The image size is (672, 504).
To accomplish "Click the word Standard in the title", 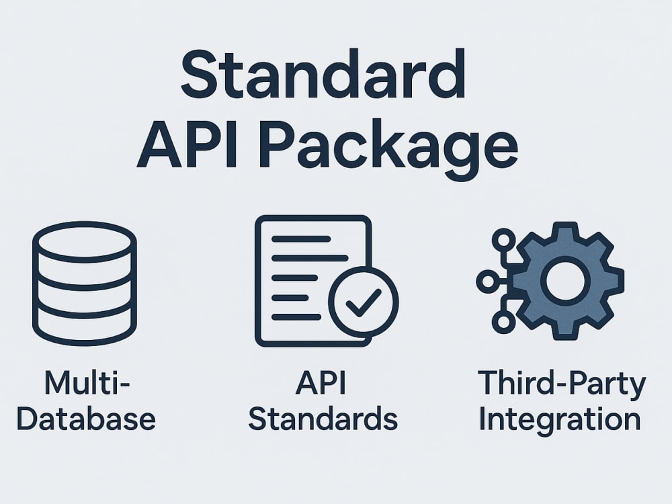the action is (324, 74).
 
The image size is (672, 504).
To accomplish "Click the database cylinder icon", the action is (85, 284).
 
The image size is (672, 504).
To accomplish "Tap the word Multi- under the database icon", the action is (87, 383).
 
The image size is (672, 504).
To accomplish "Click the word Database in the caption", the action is (86, 419).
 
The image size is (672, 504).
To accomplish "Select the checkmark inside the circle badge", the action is (364, 303).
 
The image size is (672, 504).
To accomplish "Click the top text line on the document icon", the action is (301, 239).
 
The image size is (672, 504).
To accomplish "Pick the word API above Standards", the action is (321, 383).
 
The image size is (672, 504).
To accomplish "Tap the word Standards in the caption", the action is (323, 419).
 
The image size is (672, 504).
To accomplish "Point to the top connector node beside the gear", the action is (503, 240).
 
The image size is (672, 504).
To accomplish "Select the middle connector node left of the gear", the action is (488, 282).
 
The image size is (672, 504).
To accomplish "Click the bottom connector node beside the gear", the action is (503, 322).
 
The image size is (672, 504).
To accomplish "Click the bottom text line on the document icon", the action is (296, 317).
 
